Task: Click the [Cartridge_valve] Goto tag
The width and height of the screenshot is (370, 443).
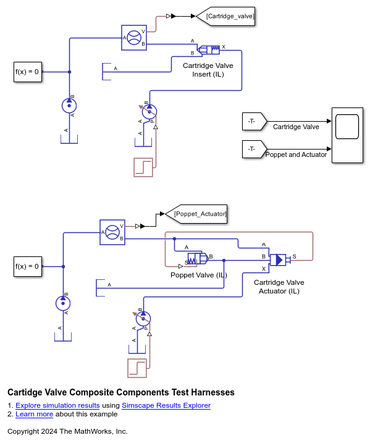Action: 225,17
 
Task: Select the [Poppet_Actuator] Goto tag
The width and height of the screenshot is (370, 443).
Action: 196,214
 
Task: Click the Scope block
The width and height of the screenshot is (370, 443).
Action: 347,135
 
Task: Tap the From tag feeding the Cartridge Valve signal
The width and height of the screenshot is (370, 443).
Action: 254,122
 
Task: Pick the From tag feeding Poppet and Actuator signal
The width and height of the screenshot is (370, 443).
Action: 254,149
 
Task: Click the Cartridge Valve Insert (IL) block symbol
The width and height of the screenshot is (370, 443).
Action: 208,49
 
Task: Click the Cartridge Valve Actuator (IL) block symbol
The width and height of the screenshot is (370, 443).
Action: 280,260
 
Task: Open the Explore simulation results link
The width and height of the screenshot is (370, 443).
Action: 57,405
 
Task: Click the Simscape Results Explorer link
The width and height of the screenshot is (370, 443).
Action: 166,405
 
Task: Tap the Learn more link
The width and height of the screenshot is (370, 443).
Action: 34,414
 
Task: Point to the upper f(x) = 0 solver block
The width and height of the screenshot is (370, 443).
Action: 28,72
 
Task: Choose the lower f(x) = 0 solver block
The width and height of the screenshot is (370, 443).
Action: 28,266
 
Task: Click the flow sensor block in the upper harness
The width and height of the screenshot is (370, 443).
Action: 134,38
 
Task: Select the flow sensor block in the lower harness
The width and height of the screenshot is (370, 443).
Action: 112,232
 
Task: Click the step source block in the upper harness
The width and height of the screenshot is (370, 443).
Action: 143,167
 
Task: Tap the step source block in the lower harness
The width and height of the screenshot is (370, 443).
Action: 137,368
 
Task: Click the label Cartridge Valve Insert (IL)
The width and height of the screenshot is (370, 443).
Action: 208,70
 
